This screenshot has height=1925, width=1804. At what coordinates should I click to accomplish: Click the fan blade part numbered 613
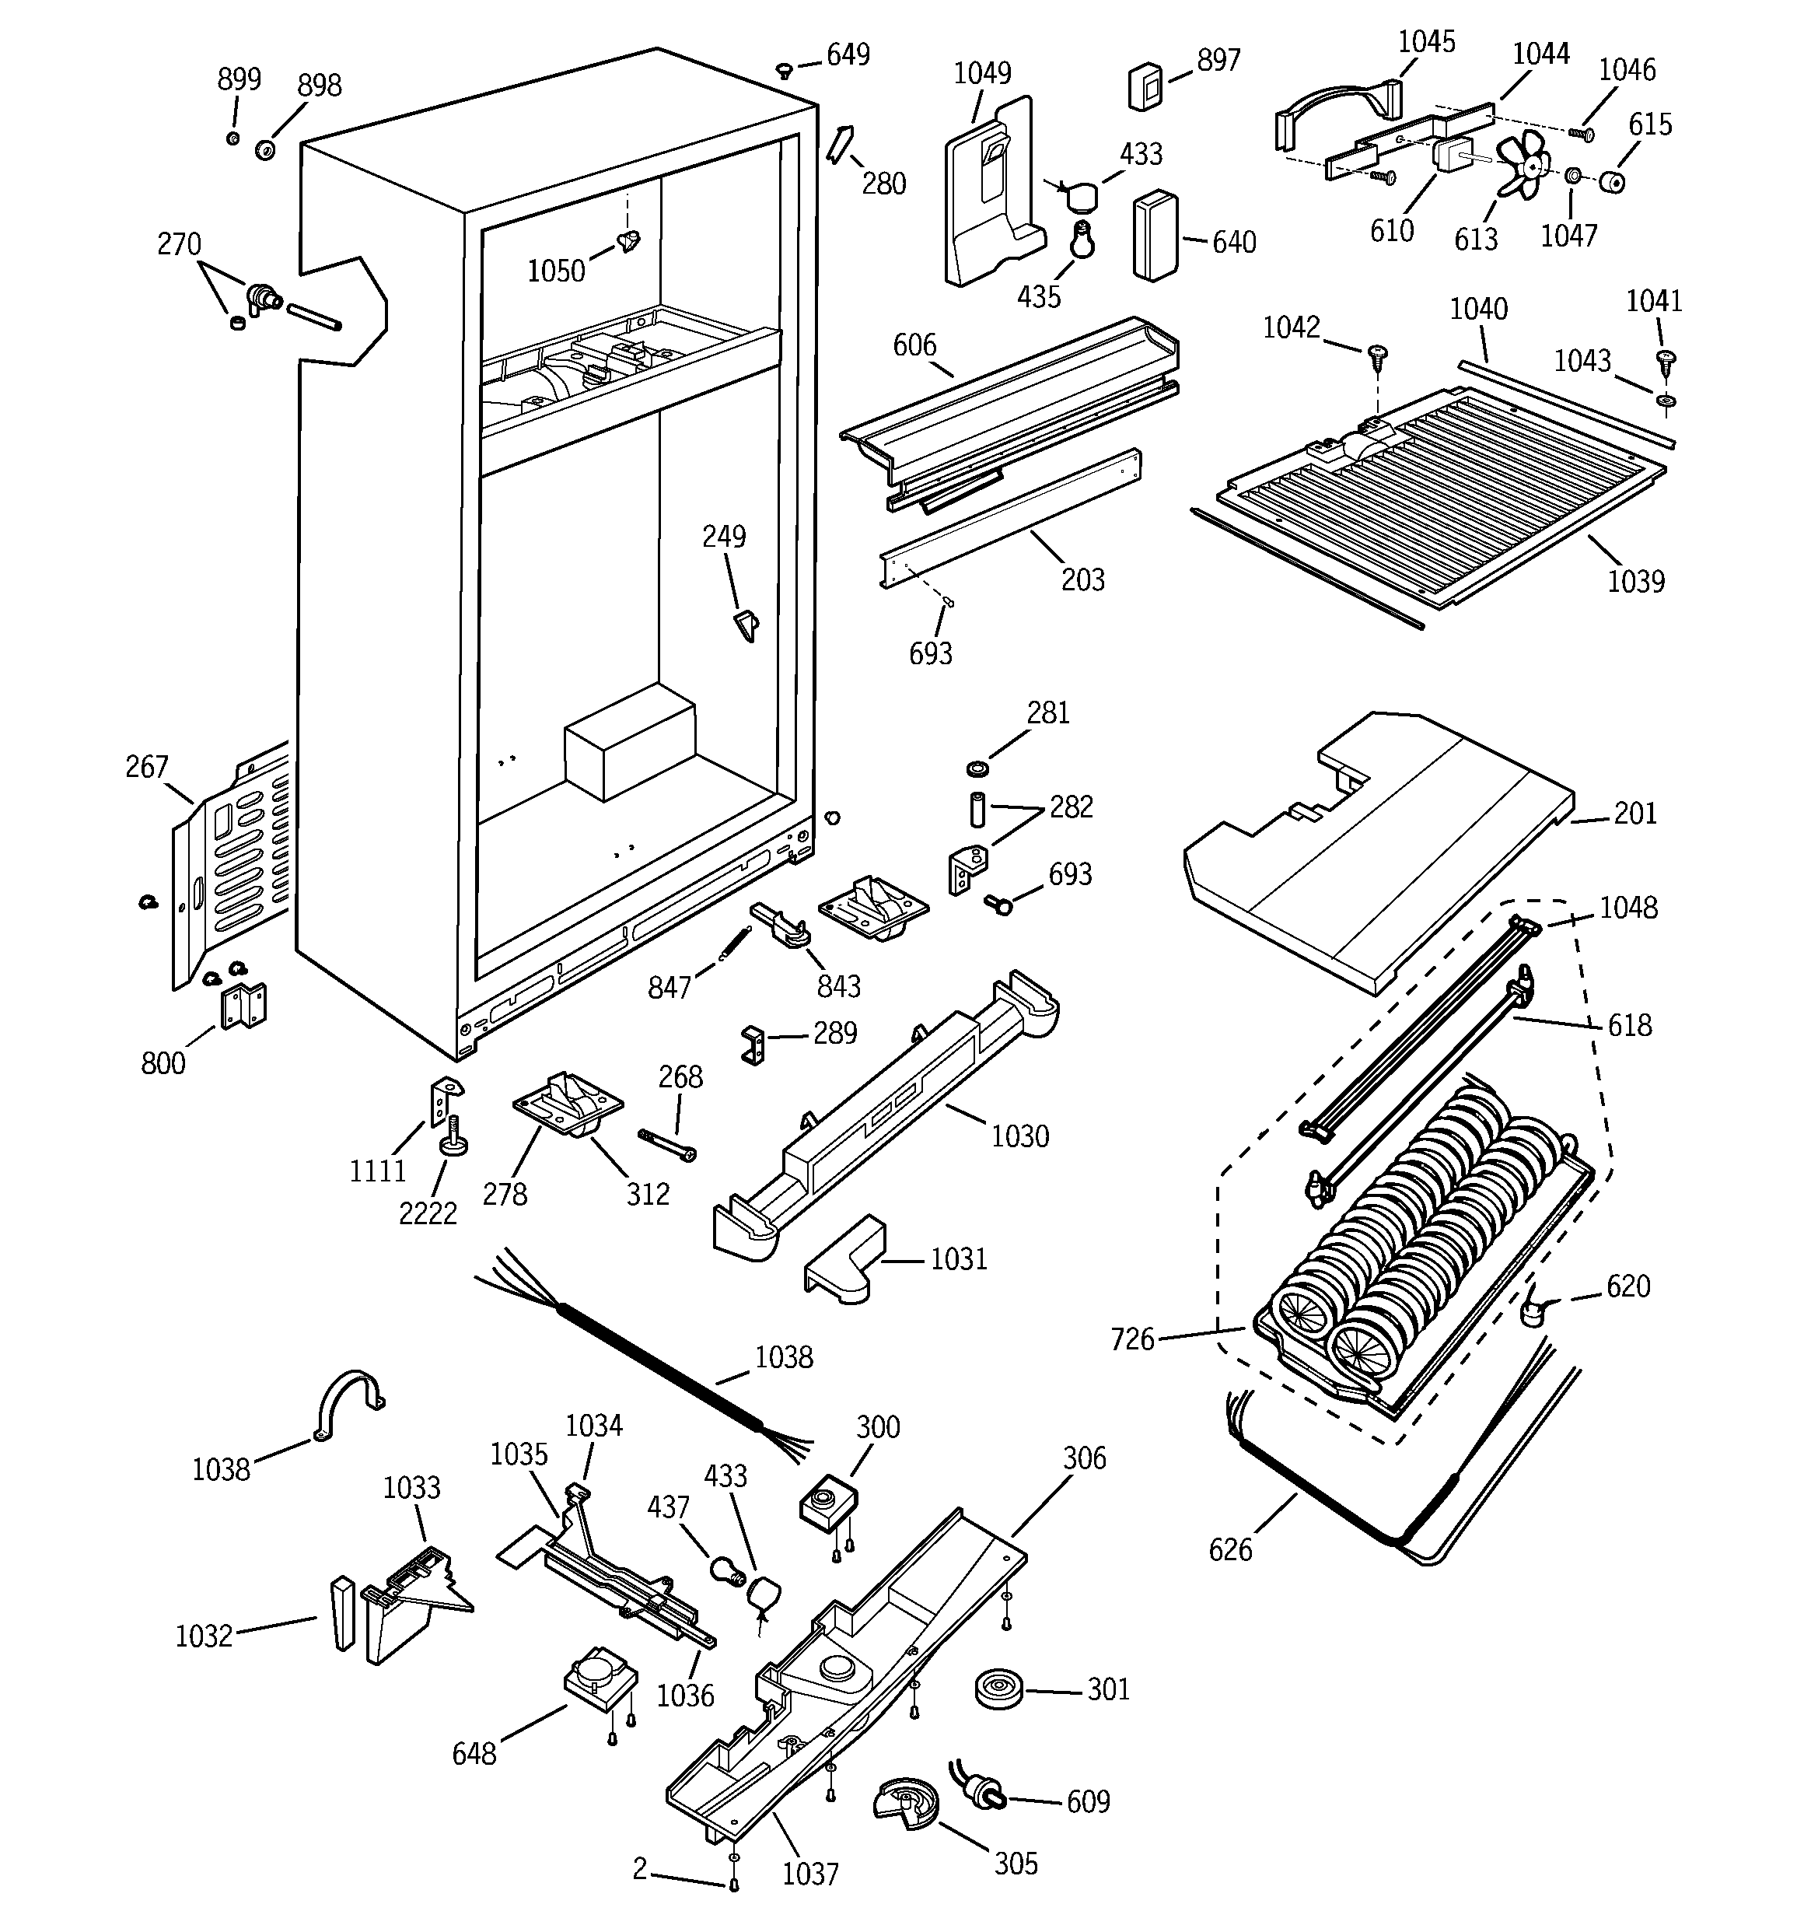[x=1524, y=166]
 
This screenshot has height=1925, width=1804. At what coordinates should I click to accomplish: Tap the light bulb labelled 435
[x=1081, y=240]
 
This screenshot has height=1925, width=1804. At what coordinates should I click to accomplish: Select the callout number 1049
[x=982, y=74]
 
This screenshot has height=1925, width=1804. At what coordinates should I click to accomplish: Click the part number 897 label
[x=1218, y=61]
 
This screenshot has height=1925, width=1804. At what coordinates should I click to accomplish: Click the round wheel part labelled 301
[x=998, y=1689]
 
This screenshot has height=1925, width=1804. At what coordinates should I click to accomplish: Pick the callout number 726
[x=1132, y=1339]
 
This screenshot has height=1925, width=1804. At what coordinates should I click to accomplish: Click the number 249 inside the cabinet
[x=723, y=537]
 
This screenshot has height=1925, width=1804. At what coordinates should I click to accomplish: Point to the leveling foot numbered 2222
[x=453, y=1138]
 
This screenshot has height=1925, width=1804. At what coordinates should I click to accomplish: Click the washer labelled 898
[x=264, y=150]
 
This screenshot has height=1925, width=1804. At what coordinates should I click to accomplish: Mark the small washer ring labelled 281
[x=978, y=769]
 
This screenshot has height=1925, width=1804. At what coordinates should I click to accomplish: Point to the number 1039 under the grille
[x=1635, y=581]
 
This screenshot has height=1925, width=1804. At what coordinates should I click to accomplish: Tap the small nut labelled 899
[x=232, y=138]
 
